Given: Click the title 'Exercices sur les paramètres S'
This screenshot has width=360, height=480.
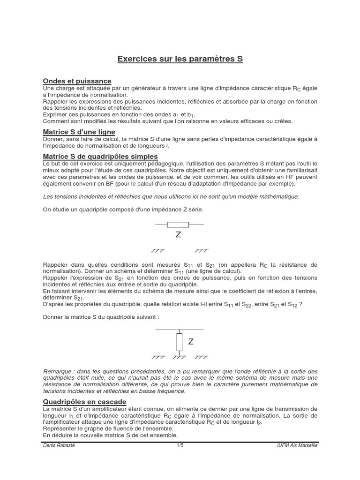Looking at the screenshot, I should pos(180,60).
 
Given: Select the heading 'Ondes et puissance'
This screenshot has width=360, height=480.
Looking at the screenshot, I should pos(77,81).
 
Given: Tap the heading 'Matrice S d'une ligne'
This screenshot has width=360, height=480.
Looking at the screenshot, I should pos(79,132).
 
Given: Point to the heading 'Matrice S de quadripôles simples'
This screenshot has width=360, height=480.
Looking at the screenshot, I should pos(100,156).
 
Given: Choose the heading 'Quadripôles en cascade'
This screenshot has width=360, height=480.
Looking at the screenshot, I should pos(84,402).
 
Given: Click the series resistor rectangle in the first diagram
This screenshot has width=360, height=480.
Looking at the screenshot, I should pos(178,225).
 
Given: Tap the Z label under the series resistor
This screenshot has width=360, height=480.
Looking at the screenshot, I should pos(178,235).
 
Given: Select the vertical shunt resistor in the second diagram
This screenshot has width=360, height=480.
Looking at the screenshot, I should pos(179,342).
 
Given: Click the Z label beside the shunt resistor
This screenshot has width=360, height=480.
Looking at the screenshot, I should pos(191,342).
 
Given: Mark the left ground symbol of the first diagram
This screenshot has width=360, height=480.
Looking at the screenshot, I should pos(157,251).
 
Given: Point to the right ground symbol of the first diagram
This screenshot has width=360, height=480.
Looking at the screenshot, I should pos(202,251).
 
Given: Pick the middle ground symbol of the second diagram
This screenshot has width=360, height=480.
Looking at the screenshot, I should pos(180,357).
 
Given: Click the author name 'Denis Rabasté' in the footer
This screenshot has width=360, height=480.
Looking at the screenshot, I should pos(59,445).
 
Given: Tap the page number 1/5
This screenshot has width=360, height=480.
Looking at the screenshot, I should pos(180,445).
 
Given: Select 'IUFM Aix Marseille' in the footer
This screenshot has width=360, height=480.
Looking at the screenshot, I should pos(297,445).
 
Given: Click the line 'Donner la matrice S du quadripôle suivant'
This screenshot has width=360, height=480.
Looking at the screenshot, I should pos(101,317).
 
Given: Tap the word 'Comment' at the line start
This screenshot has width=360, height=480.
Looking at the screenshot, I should pos(57,121).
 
